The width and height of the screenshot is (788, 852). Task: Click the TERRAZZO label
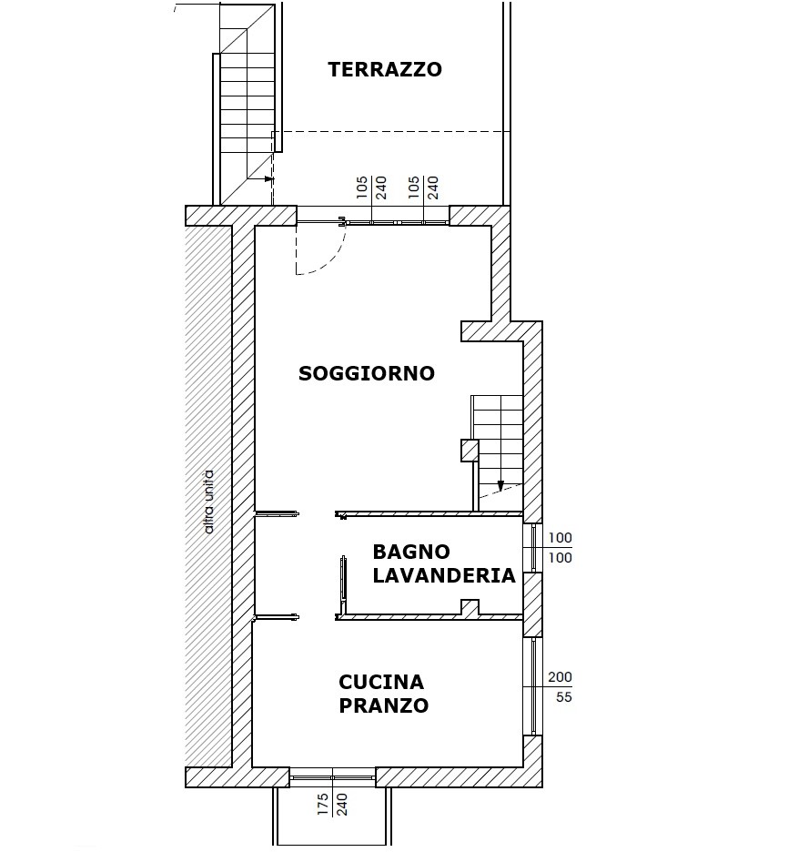click(x=385, y=69)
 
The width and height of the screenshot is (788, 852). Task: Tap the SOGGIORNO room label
click(x=367, y=373)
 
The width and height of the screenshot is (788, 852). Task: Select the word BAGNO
click(x=411, y=552)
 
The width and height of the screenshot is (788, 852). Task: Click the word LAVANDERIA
click(x=444, y=575)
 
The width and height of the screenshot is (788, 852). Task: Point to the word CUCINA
click(x=380, y=682)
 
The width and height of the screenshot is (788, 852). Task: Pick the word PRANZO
click(x=383, y=705)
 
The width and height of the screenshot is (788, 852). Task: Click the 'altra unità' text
click(x=208, y=502)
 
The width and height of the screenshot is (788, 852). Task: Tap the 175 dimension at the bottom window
click(x=323, y=804)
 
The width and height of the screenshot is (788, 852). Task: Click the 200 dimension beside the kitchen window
click(x=560, y=677)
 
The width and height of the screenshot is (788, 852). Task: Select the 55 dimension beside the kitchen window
click(x=564, y=696)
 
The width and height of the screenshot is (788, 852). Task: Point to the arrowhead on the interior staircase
click(x=500, y=486)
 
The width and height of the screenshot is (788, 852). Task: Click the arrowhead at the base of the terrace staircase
click(x=270, y=178)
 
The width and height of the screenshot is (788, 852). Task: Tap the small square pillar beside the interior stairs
click(x=470, y=451)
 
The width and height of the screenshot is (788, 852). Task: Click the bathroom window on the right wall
click(x=532, y=548)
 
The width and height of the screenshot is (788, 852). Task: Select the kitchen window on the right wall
click(x=532, y=686)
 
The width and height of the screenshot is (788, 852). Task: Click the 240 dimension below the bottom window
click(x=342, y=804)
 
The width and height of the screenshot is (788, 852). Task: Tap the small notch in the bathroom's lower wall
click(x=470, y=607)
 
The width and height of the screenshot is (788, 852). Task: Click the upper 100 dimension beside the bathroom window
click(x=560, y=538)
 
